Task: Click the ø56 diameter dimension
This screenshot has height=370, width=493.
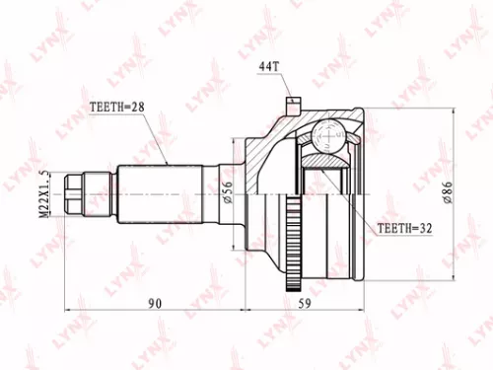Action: point(229,192)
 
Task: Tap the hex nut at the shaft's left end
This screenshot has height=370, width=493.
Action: point(73,192)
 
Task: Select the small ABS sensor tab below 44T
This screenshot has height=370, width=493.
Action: point(291,103)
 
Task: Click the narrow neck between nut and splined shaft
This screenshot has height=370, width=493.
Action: point(100,192)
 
